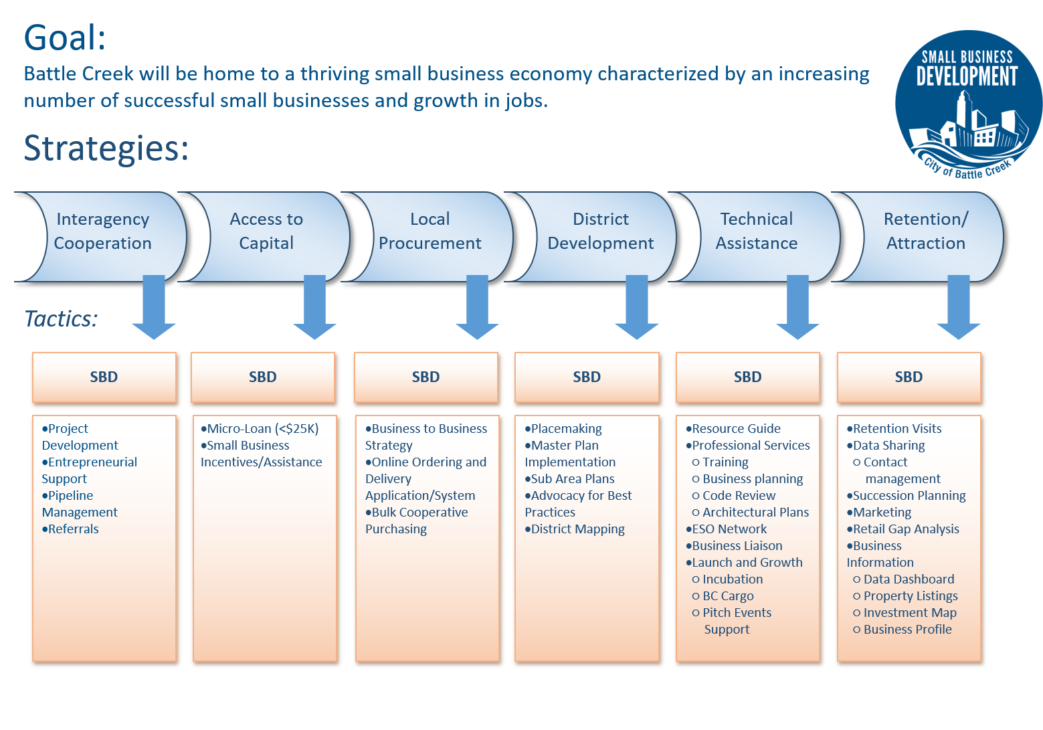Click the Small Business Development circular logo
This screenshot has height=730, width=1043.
click(969, 105)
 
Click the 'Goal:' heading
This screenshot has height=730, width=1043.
click(65, 37)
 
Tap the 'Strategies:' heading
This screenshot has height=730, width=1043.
click(106, 148)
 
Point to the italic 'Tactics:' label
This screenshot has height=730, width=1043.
click(61, 319)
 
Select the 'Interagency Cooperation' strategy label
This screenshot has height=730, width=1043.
click(103, 231)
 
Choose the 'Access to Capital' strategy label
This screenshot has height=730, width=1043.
click(266, 231)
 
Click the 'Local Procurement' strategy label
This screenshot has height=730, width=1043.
click(430, 231)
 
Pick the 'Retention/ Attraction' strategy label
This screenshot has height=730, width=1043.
click(926, 231)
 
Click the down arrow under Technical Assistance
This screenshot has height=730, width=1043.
click(797, 307)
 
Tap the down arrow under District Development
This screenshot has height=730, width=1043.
click(636, 307)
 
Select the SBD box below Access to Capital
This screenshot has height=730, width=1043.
click(263, 377)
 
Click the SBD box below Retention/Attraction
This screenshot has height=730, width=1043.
click(909, 377)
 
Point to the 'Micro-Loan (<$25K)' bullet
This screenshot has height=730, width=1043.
click(260, 428)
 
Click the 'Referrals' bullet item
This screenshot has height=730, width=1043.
click(70, 529)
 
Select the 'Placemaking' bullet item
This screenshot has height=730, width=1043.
click(563, 428)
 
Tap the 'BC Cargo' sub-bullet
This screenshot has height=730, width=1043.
click(723, 596)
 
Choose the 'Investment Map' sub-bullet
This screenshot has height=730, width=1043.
click(905, 613)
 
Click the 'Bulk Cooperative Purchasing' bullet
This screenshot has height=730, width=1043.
click(417, 521)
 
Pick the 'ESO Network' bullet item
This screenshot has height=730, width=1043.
click(727, 529)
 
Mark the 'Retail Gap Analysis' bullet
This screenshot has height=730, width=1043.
click(903, 529)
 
